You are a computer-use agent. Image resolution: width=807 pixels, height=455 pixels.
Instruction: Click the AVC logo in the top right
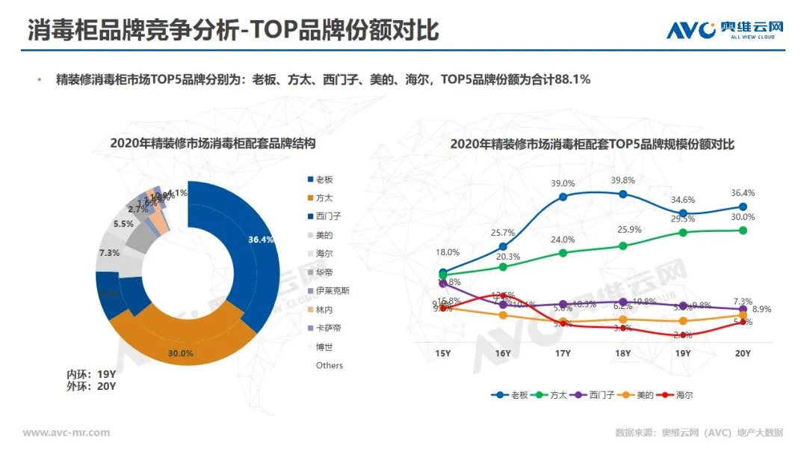(725, 29)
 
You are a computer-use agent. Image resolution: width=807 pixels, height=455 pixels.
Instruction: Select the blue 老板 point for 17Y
(563, 197)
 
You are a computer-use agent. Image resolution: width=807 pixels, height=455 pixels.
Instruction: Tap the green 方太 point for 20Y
(743, 230)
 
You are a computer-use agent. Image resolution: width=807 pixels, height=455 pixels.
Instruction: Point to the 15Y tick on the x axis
(443, 353)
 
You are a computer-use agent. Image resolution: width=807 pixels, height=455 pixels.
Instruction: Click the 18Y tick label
(622, 353)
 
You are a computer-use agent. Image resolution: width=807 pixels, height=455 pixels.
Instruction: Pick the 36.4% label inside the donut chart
(261, 239)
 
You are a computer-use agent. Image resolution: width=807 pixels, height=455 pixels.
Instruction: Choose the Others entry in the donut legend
(329, 365)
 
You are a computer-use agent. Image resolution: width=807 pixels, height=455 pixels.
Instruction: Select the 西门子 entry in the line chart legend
(597, 394)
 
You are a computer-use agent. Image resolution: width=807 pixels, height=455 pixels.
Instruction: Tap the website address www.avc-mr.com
(67, 433)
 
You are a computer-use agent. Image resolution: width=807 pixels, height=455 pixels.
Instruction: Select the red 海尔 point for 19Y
(683, 335)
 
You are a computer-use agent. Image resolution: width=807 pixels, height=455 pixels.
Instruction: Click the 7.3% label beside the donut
(109, 253)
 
